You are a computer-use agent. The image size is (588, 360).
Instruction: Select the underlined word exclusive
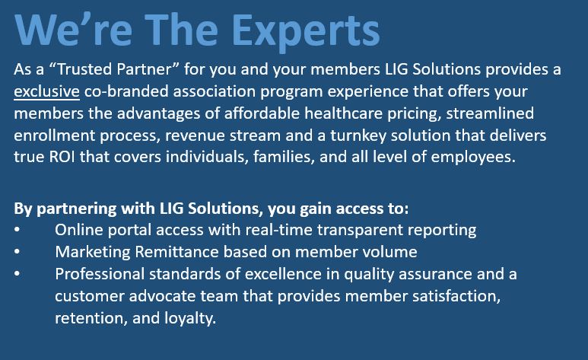46,91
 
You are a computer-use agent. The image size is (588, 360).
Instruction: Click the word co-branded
126,91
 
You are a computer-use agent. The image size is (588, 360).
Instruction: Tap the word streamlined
490,113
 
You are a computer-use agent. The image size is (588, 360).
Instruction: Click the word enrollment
54,135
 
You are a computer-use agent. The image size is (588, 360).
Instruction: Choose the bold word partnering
77,209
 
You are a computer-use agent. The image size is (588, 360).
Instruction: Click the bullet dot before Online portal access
17,229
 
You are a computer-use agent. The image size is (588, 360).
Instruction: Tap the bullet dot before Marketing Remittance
17,251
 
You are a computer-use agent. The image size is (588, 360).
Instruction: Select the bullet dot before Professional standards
17,273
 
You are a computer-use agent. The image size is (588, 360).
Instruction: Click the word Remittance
176,251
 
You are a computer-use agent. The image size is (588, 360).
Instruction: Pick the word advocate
162,296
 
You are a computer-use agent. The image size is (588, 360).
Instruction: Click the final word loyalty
190,319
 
